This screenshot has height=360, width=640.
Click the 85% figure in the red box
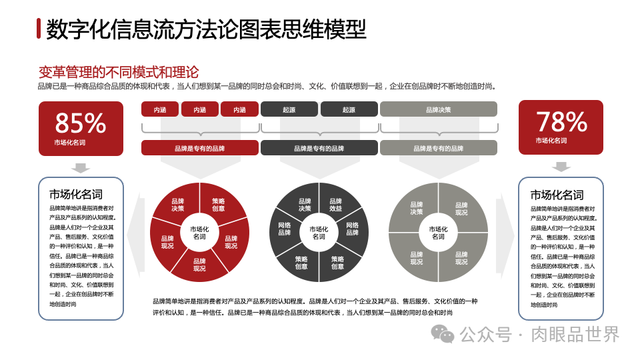coord(80,123)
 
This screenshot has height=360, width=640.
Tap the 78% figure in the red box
coord(561,122)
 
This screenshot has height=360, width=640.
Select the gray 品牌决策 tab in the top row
coord(438,109)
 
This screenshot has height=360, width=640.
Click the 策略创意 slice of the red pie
coord(219,205)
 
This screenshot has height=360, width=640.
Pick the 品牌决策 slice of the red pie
coord(178,205)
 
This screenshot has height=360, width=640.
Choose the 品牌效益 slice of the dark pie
coord(335,205)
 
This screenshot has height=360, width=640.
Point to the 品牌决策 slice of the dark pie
coord(305,205)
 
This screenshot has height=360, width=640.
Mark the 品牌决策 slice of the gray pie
coord(417,208)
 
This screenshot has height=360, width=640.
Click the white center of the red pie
coord(199,233)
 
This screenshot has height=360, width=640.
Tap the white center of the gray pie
coord(438,233)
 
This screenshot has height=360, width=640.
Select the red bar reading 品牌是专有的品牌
coord(199,148)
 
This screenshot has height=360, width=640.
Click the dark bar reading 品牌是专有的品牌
coord(319,148)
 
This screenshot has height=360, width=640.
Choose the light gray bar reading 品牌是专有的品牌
coord(438,148)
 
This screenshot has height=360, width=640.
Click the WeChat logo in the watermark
coord(442,334)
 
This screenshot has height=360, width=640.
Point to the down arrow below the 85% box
coord(81,167)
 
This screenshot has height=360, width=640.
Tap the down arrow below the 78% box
coord(561,166)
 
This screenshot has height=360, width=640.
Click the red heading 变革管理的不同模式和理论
coord(119,72)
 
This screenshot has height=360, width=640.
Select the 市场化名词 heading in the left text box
coord(75,194)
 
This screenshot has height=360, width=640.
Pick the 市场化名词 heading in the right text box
coord(557,195)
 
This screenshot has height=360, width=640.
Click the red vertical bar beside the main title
coord(39,29)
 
